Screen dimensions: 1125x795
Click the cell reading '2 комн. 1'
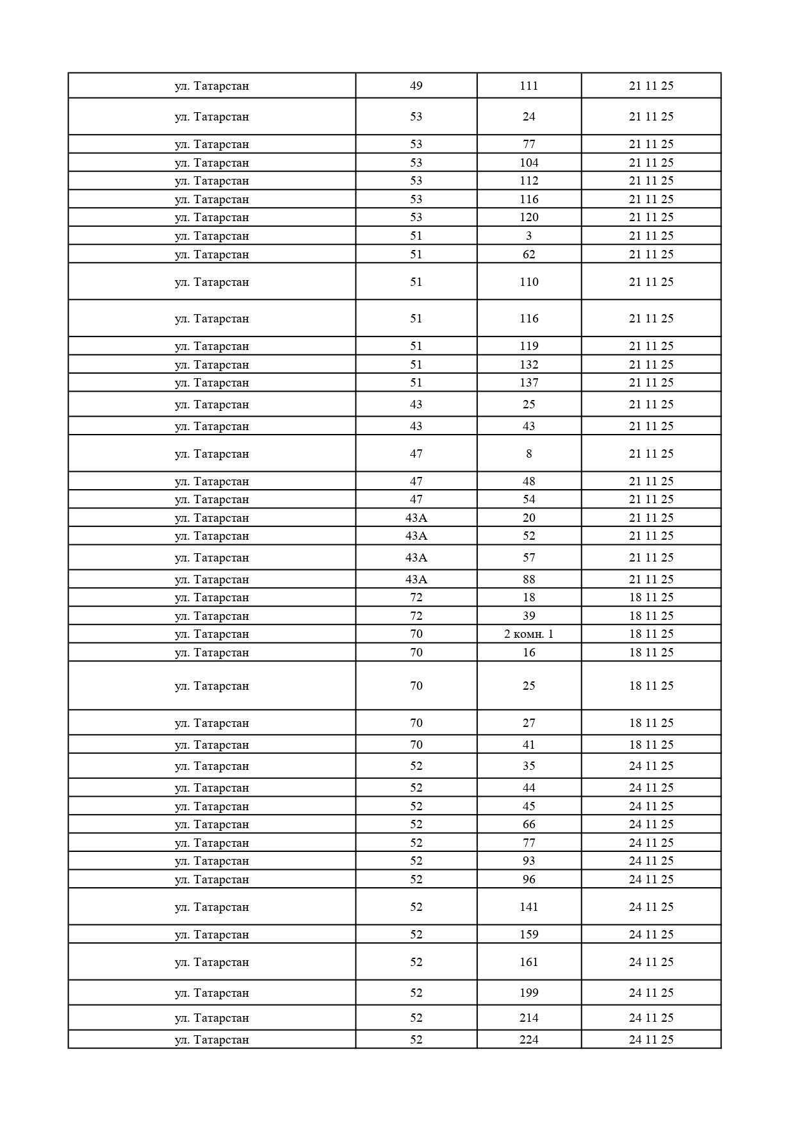pyautogui.click(x=529, y=634)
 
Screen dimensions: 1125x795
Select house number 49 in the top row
pyautogui.click(x=416, y=86)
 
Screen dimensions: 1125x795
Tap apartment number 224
pyautogui.click(x=529, y=1040)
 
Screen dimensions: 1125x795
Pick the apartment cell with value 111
pyautogui.click(x=529, y=86)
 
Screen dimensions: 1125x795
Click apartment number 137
pyautogui.click(x=529, y=383)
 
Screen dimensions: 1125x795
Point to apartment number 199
pyautogui.click(x=529, y=993)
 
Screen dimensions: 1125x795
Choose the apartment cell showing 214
pyautogui.click(x=529, y=1018)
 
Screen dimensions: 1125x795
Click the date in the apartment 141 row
pyautogui.click(x=651, y=907)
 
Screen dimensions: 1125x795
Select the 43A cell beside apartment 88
pyautogui.click(x=416, y=579)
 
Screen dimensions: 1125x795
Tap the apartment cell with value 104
pyautogui.click(x=529, y=163)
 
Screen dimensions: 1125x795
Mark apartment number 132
pyautogui.click(x=529, y=365)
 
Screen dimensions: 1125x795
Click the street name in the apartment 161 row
pyautogui.click(x=211, y=962)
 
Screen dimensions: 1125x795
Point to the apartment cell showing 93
pyautogui.click(x=529, y=861)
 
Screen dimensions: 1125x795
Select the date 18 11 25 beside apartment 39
pyautogui.click(x=651, y=616)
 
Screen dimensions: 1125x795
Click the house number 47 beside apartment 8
pyautogui.click(x=416, y=454)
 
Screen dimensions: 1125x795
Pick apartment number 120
pyautogui.click(x=529, y=217)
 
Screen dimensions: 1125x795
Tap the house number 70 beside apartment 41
pyautogui.click(x=416, y=745)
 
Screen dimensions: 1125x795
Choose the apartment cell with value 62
pyautogui.click(x=529, y=254)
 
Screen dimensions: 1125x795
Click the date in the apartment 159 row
pyautogui.click(x=651, y=935)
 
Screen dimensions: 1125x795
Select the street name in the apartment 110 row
pyautogui.click(x=211, y=282)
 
